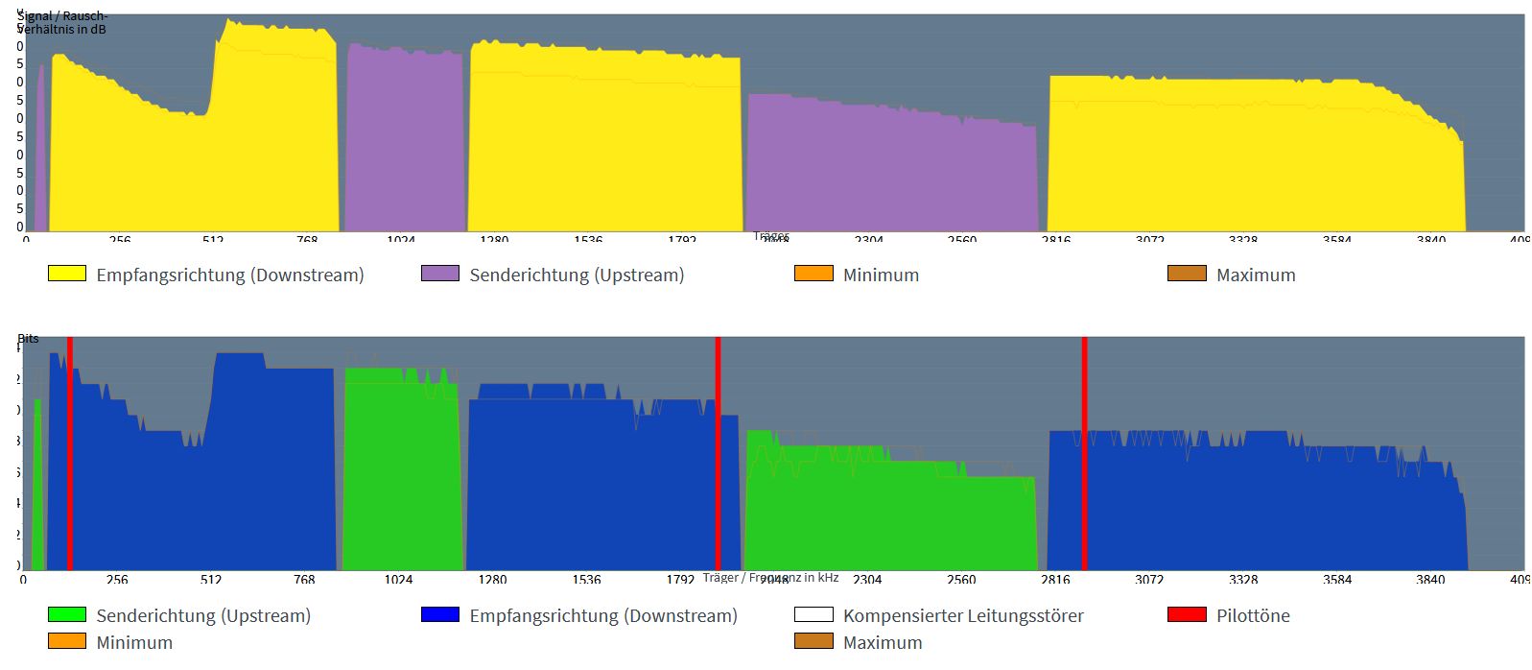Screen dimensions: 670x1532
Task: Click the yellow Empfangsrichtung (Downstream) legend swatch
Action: coord(67,274)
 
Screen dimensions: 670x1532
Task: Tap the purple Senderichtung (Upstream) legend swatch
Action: coord(440,274)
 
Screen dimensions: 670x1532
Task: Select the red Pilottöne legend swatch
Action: coord(1187,614)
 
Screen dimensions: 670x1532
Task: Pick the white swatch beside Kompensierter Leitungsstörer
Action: coord(813,614)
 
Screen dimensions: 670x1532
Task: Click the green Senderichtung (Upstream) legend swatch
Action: coord(67,614)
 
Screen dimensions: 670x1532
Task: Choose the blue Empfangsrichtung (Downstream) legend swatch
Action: coord(440,614)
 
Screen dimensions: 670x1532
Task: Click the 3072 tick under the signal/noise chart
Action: coord(1149,239)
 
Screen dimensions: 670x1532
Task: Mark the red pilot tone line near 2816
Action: coord(1084,451)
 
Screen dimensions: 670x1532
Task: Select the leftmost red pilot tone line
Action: coord(70,451)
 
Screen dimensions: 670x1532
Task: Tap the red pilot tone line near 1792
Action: coord(718,451)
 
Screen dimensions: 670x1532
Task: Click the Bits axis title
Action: coord(29,338)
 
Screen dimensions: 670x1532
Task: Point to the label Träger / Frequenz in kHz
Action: coord(770,577)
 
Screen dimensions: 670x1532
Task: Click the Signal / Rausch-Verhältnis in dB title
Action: coord(63,22)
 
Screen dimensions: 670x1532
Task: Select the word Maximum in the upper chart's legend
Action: coord(1256,275)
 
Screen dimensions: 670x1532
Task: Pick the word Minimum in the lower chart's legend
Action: coord(134,642)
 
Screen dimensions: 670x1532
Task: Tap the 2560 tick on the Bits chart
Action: coord(961,579)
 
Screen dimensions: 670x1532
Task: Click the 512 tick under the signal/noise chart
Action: coord(213,239)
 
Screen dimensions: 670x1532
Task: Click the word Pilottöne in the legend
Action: coord(1253,615)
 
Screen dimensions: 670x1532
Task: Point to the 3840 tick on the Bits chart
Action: coord(1430,579)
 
